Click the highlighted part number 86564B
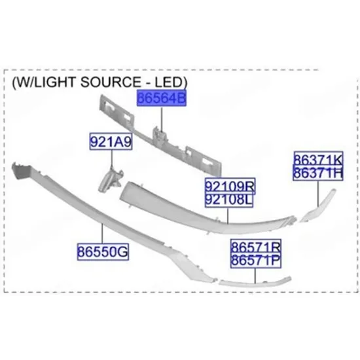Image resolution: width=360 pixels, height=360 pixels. click(162, 98)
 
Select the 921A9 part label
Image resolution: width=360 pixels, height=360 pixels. click(111, 141)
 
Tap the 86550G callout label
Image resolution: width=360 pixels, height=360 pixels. click(103, 251)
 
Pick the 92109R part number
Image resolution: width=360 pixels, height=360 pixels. click(230, 186)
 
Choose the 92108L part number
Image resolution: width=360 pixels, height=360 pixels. click(229, 200)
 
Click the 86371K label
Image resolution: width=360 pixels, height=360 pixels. click(318, 159)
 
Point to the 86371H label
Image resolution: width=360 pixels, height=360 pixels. click(318, 173)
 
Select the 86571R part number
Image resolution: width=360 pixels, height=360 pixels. click(256, 247)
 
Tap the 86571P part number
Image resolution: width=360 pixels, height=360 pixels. click(256, 261)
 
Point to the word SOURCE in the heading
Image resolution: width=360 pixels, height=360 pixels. click(111, 82)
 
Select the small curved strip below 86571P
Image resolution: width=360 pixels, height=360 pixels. click(255, 282)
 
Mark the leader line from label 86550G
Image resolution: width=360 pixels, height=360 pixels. click(102, 234)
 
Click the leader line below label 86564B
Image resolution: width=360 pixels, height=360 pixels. click(162, 119)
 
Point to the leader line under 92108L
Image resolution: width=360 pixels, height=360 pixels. click(228, 215)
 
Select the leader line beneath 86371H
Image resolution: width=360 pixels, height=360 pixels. click(318, 193)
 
